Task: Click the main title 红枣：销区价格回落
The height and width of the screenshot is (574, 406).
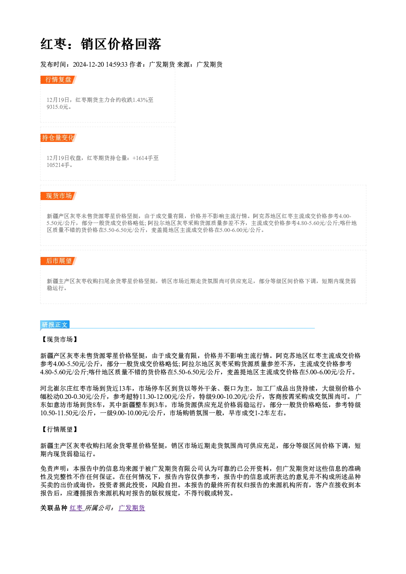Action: click(x=101, y=44)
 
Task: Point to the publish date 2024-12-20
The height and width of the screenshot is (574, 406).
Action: click(x=88, y=64)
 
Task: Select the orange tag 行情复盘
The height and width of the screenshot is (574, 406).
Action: click(x=58, y=80)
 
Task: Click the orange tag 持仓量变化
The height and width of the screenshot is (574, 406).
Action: click(x=58, y=138)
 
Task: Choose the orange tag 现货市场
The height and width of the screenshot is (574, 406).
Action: click(x=59, y=196)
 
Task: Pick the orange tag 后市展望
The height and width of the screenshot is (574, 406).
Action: click(x=59, y=261)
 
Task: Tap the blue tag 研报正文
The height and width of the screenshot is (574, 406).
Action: click(x=55, y=325)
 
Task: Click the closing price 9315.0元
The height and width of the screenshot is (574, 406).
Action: click(x=58, y=107)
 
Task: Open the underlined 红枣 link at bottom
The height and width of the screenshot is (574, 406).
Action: click(x=76, y=508)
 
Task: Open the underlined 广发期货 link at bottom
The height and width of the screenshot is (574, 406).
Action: click(x=132, y=508)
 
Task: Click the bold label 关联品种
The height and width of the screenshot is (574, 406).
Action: click(x=54, y=508)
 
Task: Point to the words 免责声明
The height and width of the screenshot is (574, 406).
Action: click(x=54, y=469)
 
